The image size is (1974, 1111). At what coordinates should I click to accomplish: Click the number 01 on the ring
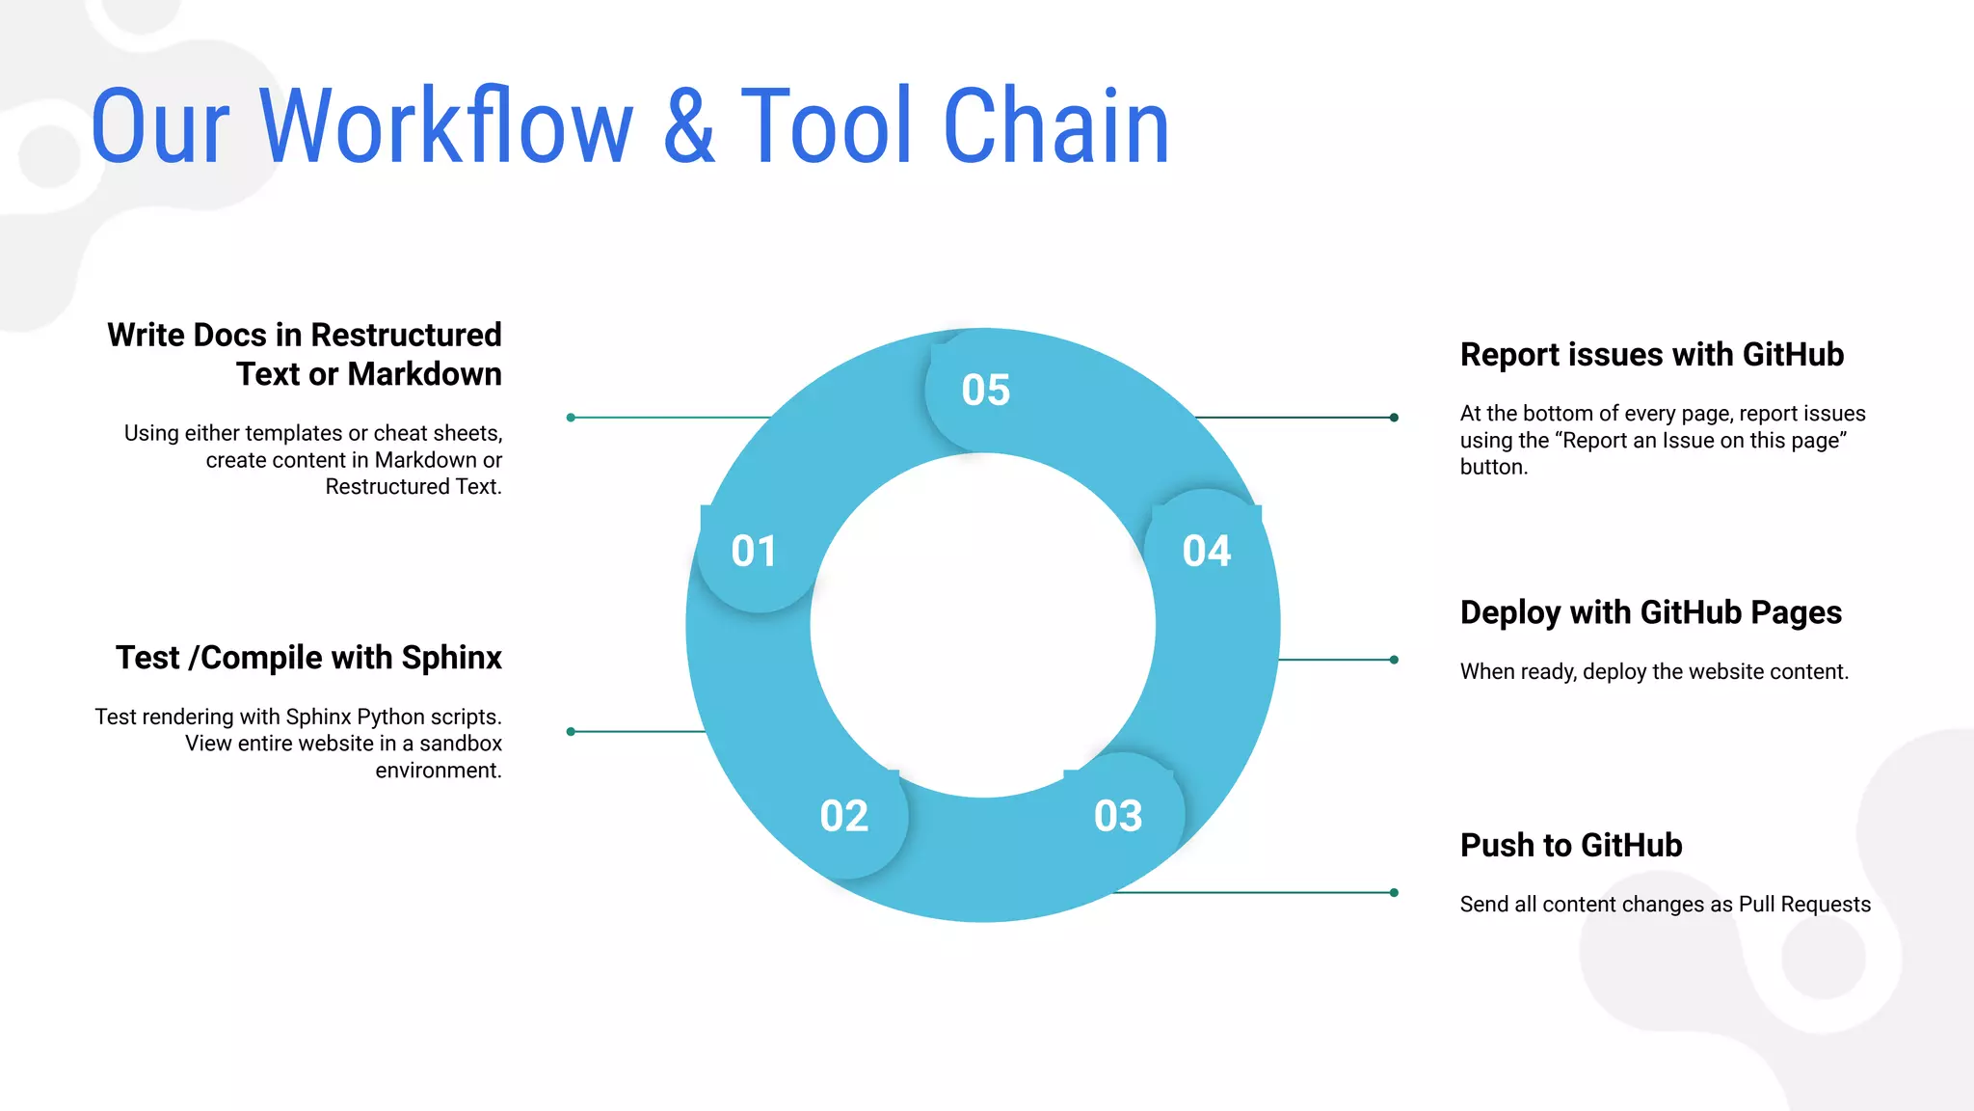click(x=753, y=552)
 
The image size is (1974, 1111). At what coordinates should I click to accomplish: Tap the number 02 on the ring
click(x=843, y=817)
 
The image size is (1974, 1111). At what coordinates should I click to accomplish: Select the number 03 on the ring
click(x=1118, y=817)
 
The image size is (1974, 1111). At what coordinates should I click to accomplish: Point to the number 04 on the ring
click(x=1206, y=552)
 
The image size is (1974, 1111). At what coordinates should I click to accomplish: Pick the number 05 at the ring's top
click(x=985, y=391)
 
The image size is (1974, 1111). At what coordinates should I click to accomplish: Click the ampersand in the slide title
click(x=689, y=126)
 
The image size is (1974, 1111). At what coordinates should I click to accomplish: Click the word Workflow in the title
click(x=446, y=126)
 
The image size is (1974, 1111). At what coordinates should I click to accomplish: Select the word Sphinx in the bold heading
click(x=451, y=658)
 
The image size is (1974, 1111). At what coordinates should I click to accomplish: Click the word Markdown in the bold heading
click(x=424, y=374)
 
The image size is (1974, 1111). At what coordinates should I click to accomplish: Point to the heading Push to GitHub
click(x=1570, y=846)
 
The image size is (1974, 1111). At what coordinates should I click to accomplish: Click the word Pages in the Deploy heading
click(x=1796, y=613)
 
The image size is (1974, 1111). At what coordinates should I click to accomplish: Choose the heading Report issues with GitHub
click(x=1651, y=355)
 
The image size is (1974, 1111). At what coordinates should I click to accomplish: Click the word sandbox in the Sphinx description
click(x=460, y=744)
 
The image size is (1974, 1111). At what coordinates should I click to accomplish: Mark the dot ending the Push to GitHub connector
click(x=1394, y=893)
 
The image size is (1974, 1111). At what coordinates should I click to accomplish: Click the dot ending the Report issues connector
click(x=1394, y=418)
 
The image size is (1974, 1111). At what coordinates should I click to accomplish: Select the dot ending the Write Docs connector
click(x=571, y=418)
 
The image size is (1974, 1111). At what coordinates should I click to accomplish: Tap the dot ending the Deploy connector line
click(x=1394, y=660)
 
